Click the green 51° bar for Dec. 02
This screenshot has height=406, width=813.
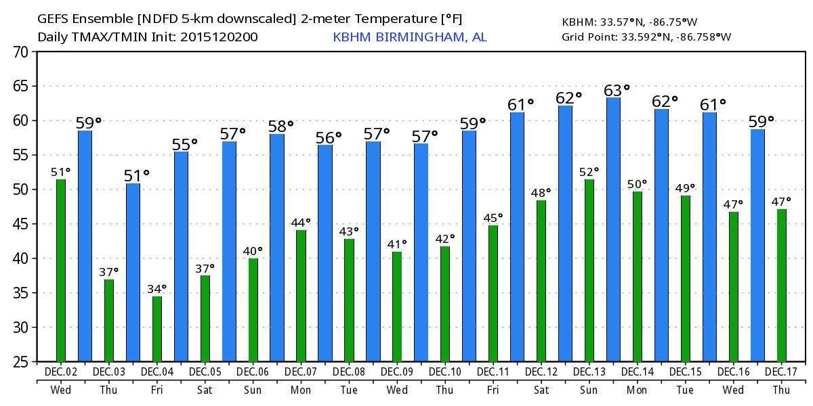pos(61,271)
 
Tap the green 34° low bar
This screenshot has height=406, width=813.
pos(157,329)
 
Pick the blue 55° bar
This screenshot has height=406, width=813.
pos(181,257)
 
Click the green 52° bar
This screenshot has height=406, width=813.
pos(589,271)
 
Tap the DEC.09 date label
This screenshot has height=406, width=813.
pos(397,372)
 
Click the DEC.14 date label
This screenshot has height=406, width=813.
pos(638,372)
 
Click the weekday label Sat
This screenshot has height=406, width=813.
pos(205,390)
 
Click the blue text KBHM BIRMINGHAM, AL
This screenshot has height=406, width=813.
pos(409,37)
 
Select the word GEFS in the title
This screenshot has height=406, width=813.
pos(51,18)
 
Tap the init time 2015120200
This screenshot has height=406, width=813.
pos(219,37)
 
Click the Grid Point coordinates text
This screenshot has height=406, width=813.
pos(646,37)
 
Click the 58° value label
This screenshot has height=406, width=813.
pos(281,126)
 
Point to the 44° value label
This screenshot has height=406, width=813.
pos(301,222)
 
